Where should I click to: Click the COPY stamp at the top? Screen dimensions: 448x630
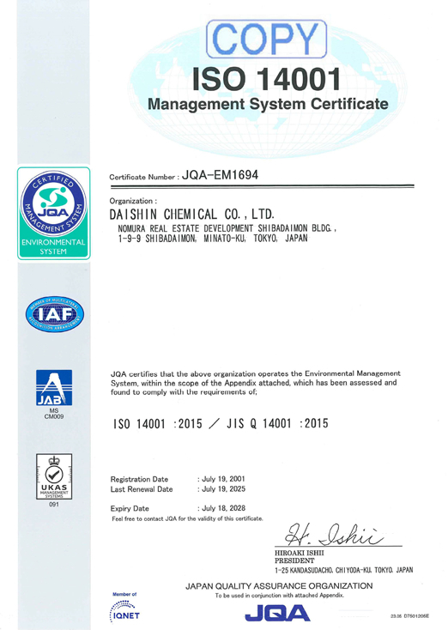268,39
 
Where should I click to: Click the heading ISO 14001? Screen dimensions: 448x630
268,80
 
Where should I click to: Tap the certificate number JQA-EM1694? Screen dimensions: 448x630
220,175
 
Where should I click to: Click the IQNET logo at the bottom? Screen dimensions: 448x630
125,611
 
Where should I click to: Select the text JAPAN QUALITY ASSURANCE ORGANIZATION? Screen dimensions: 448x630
279,585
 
